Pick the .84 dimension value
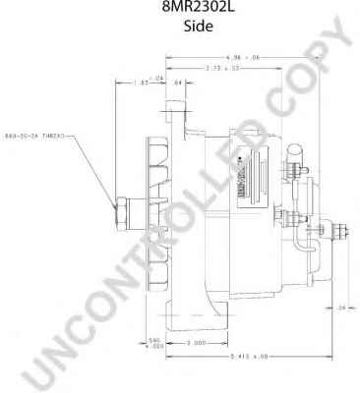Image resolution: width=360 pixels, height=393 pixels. coord(178,84)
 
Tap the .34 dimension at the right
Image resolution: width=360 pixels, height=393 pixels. coord(340,308)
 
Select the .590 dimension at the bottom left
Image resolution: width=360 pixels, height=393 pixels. coord(154,345)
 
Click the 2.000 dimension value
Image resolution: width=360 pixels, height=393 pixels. coord(196,343)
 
